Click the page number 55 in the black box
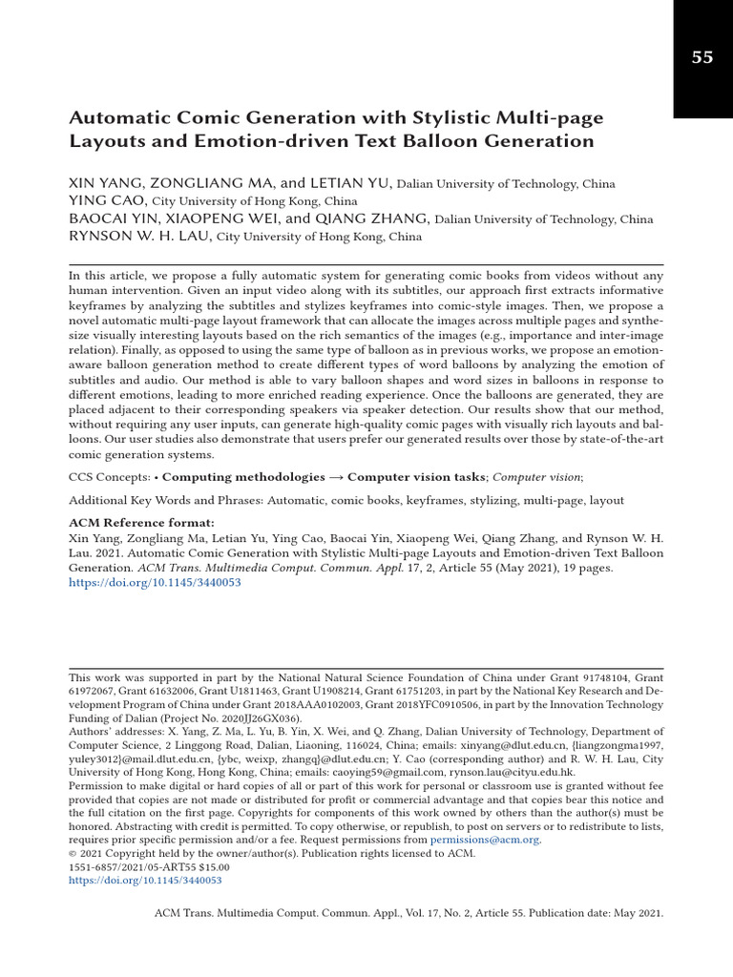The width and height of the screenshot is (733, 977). (x=702, y=57)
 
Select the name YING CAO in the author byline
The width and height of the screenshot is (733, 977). (x=108, y=201)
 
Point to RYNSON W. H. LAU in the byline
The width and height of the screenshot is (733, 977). (x=140, y=237)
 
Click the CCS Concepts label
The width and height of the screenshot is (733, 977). (x=109, y=476)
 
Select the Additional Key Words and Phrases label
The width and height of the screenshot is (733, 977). (x=166, y=500)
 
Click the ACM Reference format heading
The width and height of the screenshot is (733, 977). (x=142, y=523)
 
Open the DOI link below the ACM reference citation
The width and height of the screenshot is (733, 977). (x=155, y=582)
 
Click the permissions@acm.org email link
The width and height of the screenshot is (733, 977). (x=485, y=840)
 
